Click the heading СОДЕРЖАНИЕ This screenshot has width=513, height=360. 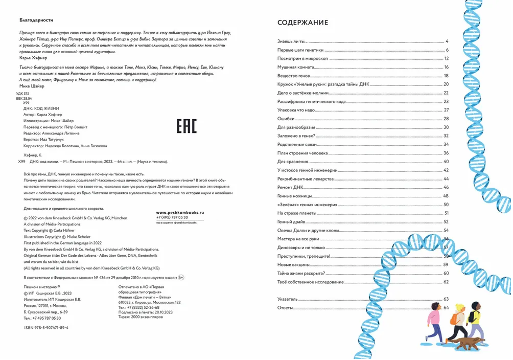pos(302,22)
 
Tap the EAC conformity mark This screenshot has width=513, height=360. pos(186,126)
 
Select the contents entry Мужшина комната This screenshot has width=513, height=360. pos(295,67)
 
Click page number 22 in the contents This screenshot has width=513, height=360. pos(446,93)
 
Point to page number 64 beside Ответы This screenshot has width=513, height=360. pos(446,307)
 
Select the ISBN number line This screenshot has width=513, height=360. pos(46,327)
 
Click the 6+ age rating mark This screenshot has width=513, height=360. pos(181,277)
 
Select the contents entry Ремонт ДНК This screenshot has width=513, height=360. pos(290,188)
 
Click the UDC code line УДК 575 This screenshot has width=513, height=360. pos(23,94)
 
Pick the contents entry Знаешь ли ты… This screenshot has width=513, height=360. pos(293,41)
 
